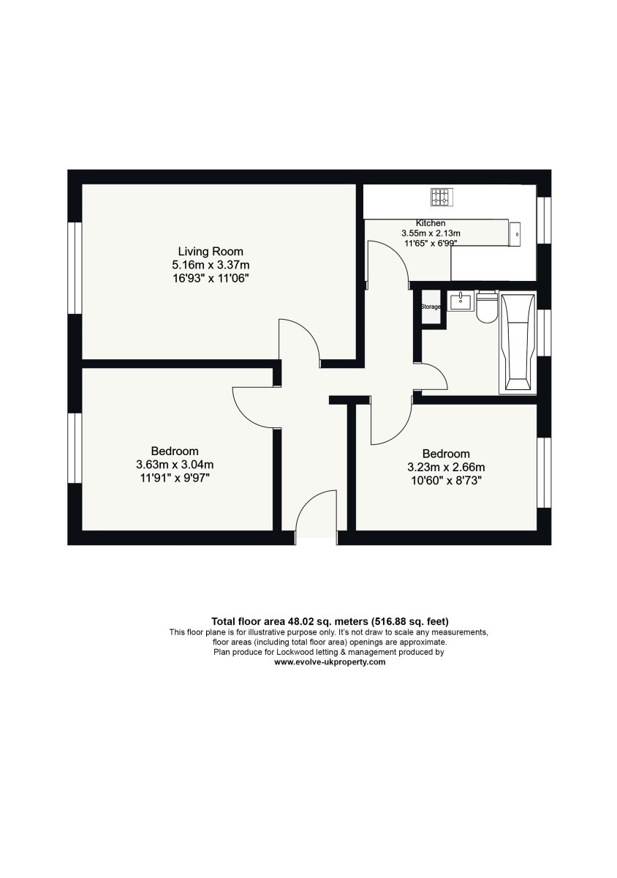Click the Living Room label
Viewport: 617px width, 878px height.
pyautogui.click(x=211, y=251)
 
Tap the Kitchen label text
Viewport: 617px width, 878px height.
pyautogui.click(x=430, y=223)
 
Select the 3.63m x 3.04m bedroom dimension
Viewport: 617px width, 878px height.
pyautogui.click(x=175, y=465)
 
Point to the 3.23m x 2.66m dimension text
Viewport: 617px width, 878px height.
pyautogui.click(x=446, y=468)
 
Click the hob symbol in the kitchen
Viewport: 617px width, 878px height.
pyautogui.click(x=442, y=197)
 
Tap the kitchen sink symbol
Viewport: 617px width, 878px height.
pyautogui.click(x=515, y=234)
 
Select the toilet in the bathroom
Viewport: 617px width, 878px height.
pyautogui.click(x=487, y=307)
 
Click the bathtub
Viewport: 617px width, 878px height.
pyautogui.click(x=518, y=342)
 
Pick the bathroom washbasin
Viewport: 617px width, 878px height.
pyautogui.click(x=461, y=301)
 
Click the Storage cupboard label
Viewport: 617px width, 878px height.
pyautogui.click(x=431, y=307)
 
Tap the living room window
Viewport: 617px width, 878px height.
pyautogui.click(x=75, y=268)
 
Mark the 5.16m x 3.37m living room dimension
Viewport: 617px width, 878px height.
pyautogui.click(x=211, y=265)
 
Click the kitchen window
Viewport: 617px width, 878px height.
pyautogui.click(x=544, y=220)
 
